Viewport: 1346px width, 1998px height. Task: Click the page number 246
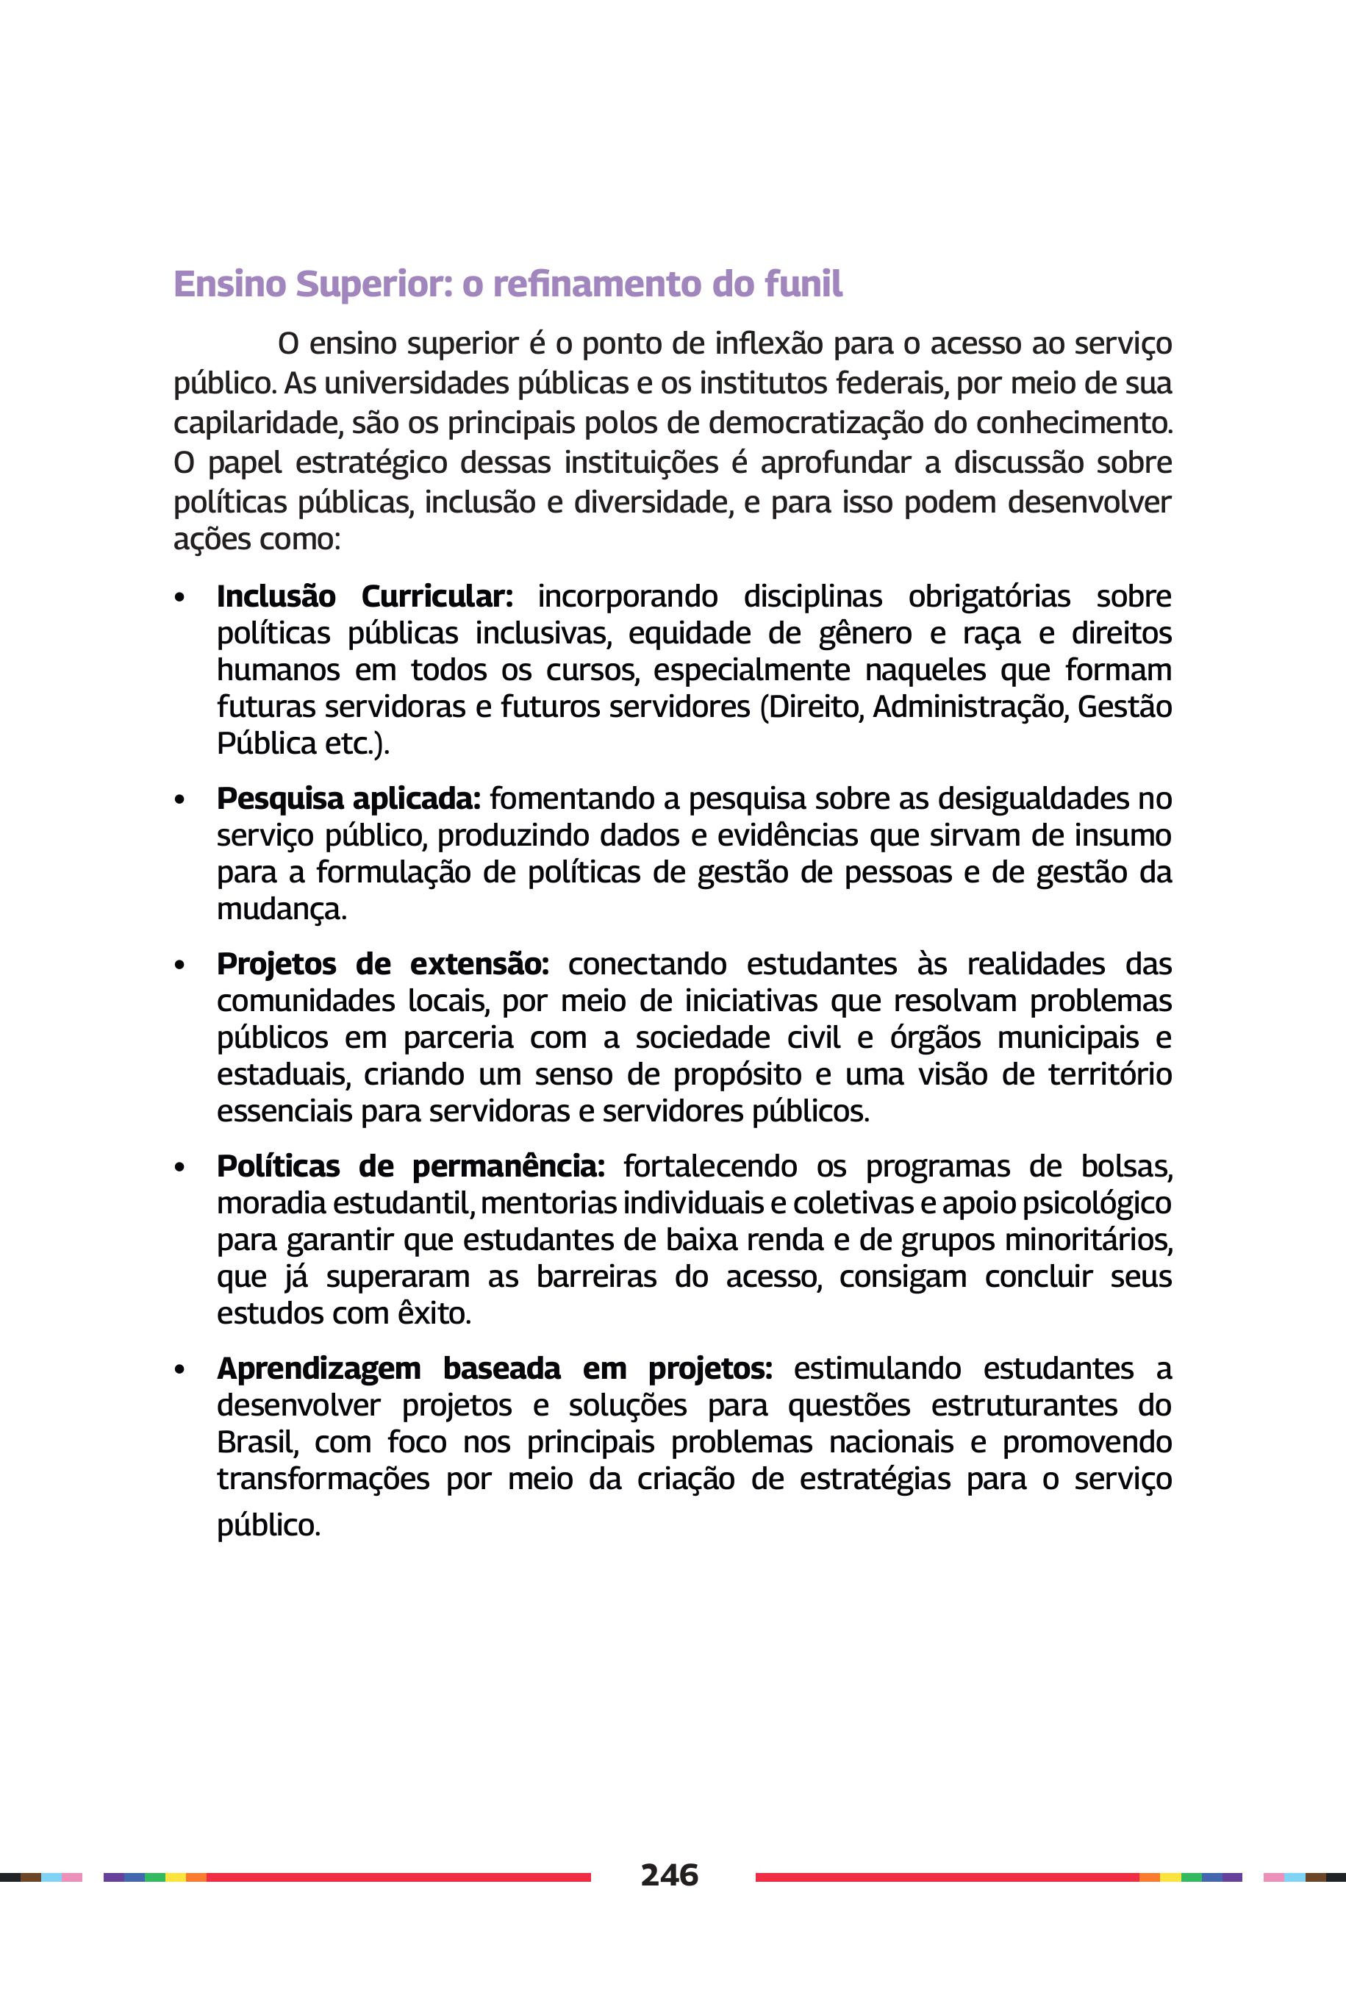point(670,1874)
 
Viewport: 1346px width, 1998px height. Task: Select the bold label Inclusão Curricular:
point(364,596)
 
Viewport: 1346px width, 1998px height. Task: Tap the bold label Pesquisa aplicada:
point(348,799)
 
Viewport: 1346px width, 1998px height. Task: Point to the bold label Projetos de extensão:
point(382,964)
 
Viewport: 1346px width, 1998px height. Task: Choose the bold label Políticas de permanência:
point(410,1166)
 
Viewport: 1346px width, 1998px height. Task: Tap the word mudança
point(281,909)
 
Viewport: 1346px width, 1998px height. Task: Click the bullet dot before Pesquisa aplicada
point(179,800)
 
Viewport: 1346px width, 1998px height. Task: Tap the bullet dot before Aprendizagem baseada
point(179,1370)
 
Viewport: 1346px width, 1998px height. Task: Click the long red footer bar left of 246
point(398,1877)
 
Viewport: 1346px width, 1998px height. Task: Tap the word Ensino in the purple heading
point(229,284)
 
